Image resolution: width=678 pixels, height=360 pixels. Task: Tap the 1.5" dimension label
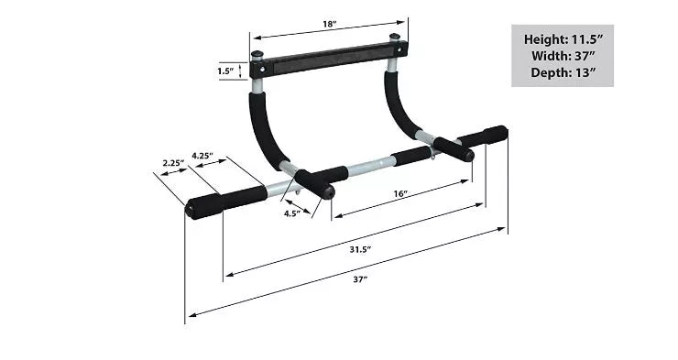click(226, 70)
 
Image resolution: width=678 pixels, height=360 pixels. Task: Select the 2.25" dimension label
click(173, 163)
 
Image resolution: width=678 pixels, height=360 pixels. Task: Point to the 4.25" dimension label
click(202, 156)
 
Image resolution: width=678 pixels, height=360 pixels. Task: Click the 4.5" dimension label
click(290, 214)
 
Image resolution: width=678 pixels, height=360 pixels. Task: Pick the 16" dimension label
click(399, 193)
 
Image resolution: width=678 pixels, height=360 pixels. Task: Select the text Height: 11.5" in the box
click(562, 39)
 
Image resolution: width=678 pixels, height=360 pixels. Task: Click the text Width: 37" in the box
click(562, 56)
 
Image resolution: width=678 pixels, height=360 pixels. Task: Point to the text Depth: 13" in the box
click(562, 72)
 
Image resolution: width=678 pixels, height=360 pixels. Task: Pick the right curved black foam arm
click(400, 108)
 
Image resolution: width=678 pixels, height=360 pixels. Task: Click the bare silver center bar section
click(367, 166)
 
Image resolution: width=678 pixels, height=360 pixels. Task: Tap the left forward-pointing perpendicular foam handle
click(312, 182)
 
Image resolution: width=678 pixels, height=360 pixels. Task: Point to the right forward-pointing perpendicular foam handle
click(453, 148)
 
